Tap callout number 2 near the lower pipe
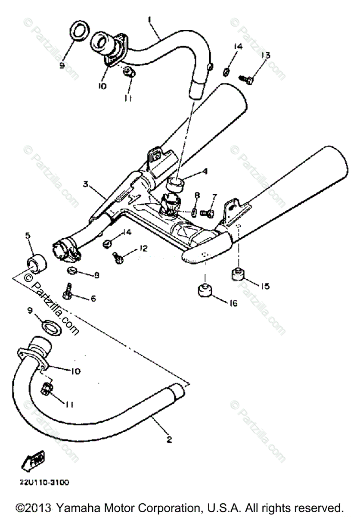(x=169, y=439)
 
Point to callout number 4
(x=205, y=171)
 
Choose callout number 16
(x=233, y=303)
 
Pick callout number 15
(x=265, y=286)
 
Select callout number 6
(x=93, y=298)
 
